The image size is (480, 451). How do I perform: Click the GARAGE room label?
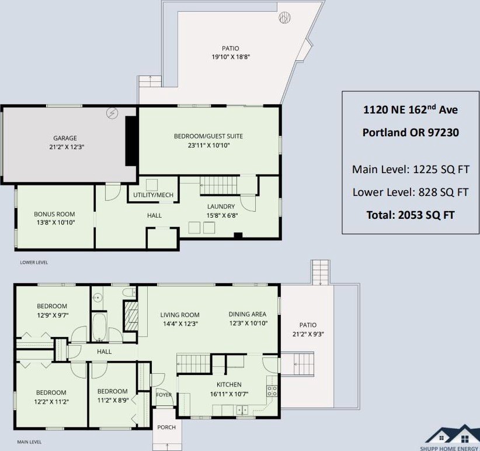pos(65,138)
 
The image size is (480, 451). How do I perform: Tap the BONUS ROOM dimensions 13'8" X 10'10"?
pos(55,222)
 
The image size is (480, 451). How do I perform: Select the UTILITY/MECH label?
pos(153,195)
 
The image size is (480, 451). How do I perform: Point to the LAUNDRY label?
pos(221,206)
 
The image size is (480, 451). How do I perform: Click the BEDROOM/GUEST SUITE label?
pos(208,136)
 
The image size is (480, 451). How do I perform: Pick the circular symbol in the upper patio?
pos(284,17)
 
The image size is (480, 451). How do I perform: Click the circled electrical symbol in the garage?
pos(112,113)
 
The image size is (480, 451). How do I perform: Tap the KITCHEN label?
pos(229,384)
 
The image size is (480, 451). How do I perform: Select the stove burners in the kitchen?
pos(272,391)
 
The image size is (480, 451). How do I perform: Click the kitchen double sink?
pos(242,409)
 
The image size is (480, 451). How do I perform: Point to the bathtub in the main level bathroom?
pos(99,327)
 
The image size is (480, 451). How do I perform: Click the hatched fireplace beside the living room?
pos(130,316)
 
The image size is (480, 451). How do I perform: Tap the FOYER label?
pos(164,395)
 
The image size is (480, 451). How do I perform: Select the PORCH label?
pos(166,427)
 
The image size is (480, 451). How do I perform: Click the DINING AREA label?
pos(248,314)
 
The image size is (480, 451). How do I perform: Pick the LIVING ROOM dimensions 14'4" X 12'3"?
pos(180,323)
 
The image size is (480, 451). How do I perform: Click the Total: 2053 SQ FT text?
pos(410,215)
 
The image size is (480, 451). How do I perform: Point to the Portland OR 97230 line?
pos(411,132)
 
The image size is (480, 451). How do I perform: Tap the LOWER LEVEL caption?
pos(34,263)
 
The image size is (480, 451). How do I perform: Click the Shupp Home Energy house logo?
pos(452,437)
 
